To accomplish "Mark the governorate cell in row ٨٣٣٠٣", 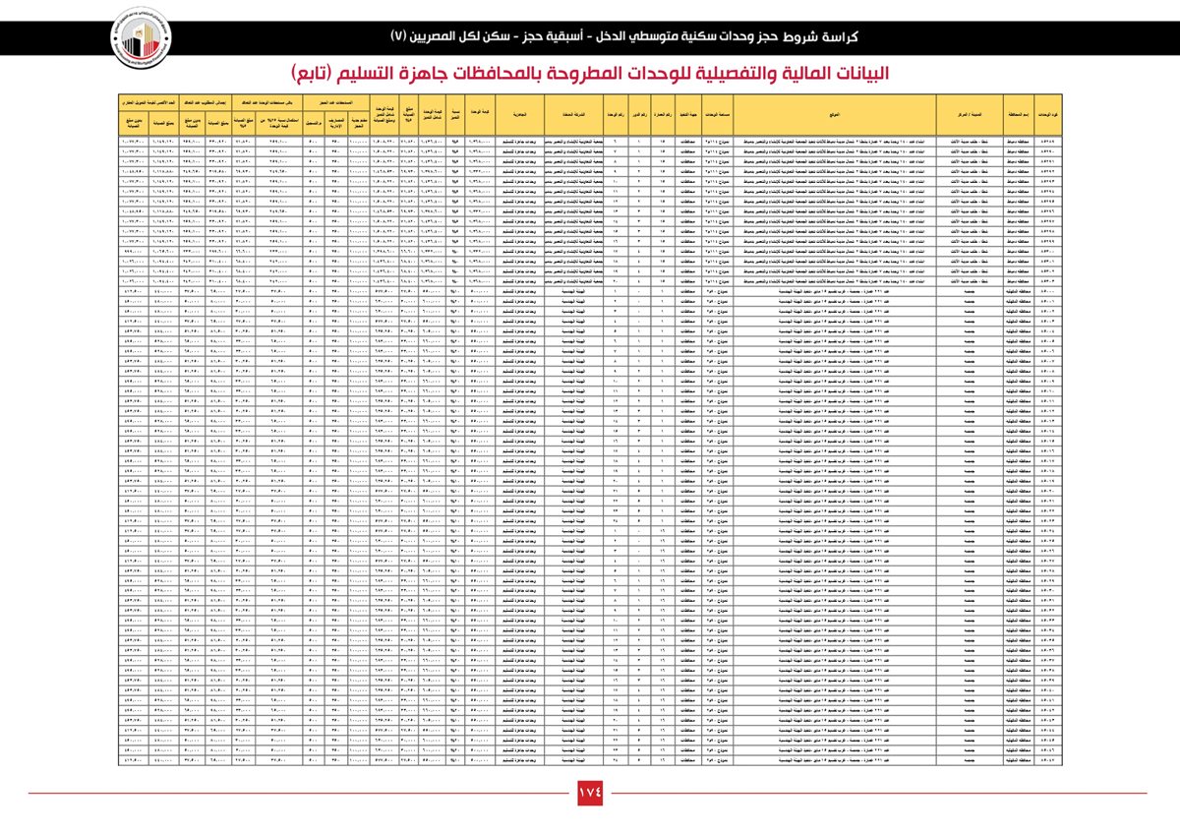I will (1017, 281).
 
